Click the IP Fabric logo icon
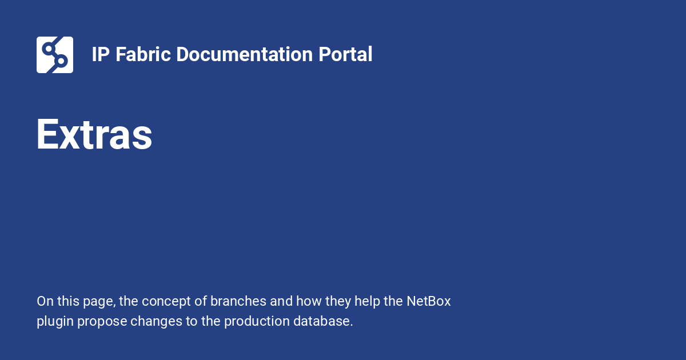pyautogui.click(x=55, y=55)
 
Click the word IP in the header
pyautogui.click(x=101, y=54)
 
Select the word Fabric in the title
pyautogui.click(x=143, y=54)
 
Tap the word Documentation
pyautogui.click(x=245, y=54)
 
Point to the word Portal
pyautogui.click(x=345, y=54)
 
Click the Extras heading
pyautogui.click(x=94, y=135)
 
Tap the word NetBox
pyautogui.click(x=429, y=301)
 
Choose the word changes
pyautogui.click(x=156, y=322)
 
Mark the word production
pyautogui.click(x=257, y=321)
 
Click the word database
pyautogui.click(x=323, y=321)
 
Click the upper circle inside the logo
pyautogui.click(x=48, y=49)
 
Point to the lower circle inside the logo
pyautogui.click(x=61, y=61)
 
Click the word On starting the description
pyautogui.click(x=45, y=301)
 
